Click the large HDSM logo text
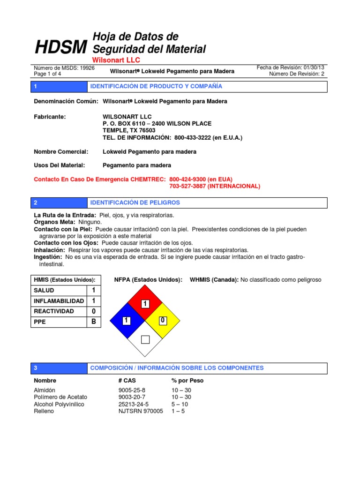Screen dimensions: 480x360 (x=61, y=47)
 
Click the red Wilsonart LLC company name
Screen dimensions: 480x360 (x=116, y=60)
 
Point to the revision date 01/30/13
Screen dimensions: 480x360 (x=313, y=67)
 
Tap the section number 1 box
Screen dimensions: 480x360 (x=36, y=87)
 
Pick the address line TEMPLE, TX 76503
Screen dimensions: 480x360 (x=129, y=131)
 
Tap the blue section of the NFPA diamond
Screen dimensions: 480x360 (x=126, y=321)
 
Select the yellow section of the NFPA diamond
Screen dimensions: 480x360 (x=163, y=321)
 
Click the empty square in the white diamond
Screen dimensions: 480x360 (x=145, y=339)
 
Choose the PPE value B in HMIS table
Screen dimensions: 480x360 (x=94, y=322)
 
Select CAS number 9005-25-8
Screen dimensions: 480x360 (x=132, y=390)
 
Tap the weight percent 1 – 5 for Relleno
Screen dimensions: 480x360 (x=178, y=412)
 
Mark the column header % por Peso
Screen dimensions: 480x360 (x=187, y=381)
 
